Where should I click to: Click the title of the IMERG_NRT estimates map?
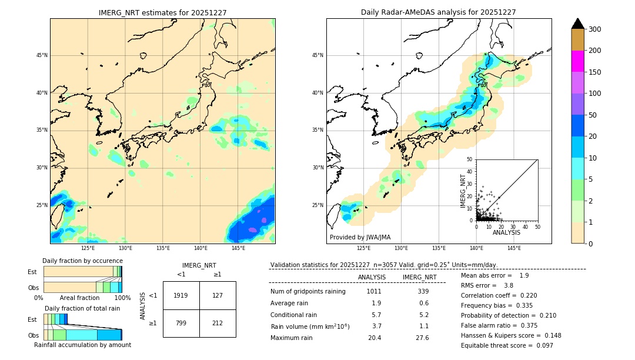point(162,12)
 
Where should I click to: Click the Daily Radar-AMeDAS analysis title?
point(439,12)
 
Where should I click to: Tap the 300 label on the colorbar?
point(595,29)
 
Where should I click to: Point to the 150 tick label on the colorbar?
point(595,72)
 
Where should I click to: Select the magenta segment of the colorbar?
point(577,61)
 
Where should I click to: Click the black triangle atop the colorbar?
point(577,24)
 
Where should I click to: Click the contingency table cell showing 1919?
point(181,295)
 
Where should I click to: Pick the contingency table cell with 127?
point(218,295)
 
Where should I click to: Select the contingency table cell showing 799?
point(181,323)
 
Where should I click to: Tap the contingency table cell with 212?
point(218,323)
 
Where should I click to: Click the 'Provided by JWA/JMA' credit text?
point(360,237)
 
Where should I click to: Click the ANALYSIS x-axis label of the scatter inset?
point(506,233)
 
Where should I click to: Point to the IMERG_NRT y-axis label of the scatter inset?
point(463,190)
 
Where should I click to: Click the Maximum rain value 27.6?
point(422,338)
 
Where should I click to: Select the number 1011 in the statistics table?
point(374,292)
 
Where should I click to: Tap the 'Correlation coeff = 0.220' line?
point(499,296)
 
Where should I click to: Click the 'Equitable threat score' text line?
point(507,345)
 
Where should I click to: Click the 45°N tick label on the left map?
point(41,55)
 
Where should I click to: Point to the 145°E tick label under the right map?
point(514,248)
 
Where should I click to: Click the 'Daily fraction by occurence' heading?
point(82,261)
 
